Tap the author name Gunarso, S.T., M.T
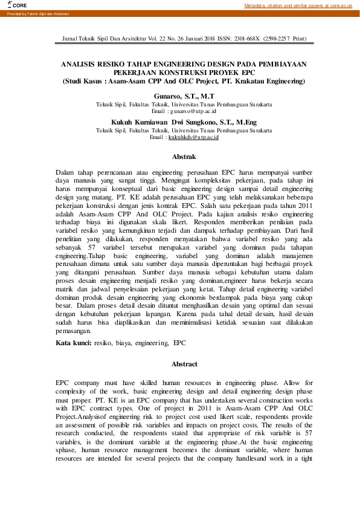point(184,97)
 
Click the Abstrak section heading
point(184,157)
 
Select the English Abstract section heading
point(184,365)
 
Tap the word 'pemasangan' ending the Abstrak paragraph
point(76,331)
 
